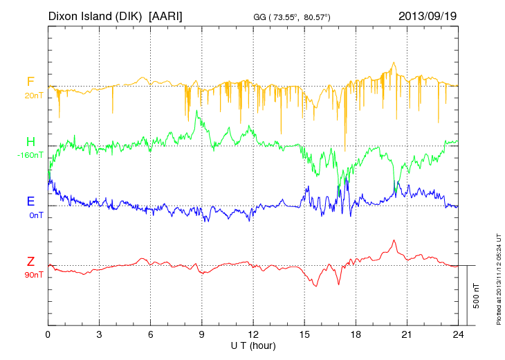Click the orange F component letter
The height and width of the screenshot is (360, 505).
pos(30,82)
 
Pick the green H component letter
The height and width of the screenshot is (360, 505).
pos(30,142)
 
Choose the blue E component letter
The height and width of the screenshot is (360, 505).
pos(30,201)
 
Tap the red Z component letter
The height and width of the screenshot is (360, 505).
pos(30,261)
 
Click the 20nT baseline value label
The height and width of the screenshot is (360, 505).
pos(33,95)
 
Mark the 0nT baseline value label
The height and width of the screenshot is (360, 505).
pos(36,215)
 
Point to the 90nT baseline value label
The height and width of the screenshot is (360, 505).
pos(33,275)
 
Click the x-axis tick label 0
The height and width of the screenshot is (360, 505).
pos(48,334)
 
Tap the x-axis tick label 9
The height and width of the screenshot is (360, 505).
pos(201,334)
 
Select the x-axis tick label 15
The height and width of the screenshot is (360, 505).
pos(304,334)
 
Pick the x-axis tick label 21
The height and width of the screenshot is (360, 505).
pos(406,334)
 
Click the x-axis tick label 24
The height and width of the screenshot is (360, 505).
pos(457,334)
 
